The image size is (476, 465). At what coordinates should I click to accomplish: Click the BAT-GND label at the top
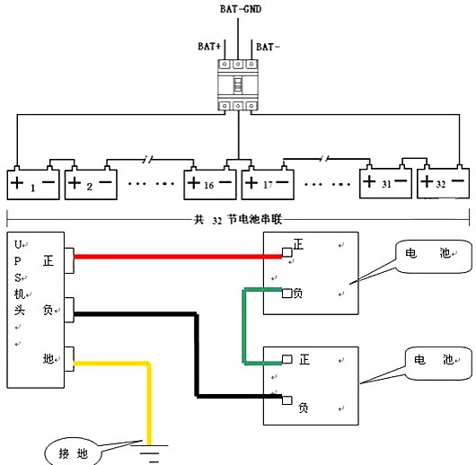241,9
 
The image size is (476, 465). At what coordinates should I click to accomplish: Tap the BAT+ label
209,47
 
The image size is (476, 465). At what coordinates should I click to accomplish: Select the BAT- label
268,47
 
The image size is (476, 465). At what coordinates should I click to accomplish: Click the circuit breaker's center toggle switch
238,84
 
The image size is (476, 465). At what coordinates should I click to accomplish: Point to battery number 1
33,184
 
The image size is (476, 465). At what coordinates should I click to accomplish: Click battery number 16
210,184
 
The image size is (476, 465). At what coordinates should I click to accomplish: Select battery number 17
268,184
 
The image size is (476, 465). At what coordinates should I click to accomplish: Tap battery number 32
443,182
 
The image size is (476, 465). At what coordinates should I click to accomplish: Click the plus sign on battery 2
75,182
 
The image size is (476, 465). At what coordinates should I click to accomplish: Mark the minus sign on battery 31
401,181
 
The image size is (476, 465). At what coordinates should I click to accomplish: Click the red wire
178,257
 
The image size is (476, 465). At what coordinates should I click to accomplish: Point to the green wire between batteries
244,326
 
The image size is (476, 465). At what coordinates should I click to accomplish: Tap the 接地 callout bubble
73,453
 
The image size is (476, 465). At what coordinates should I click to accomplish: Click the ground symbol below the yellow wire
149,454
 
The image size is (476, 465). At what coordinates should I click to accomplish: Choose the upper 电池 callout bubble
434,257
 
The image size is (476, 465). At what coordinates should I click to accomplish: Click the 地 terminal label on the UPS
48,358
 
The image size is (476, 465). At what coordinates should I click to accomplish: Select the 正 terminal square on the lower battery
286,359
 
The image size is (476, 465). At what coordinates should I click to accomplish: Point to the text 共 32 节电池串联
238,219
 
